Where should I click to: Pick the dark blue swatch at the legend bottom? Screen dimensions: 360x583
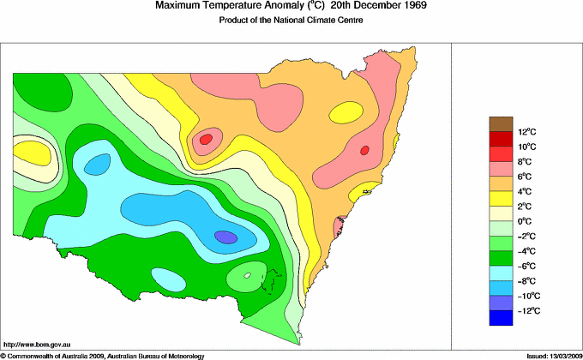point(502,319)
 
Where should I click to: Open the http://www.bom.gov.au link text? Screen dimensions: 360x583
point(35,344)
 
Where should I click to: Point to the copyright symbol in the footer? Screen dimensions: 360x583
point(3,355)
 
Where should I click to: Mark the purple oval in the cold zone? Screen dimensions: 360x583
point(225,237)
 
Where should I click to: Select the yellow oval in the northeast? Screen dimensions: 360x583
point(346,112)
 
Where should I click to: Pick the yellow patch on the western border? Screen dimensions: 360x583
point(32,153)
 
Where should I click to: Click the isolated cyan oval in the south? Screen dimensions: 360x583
point(167,278)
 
